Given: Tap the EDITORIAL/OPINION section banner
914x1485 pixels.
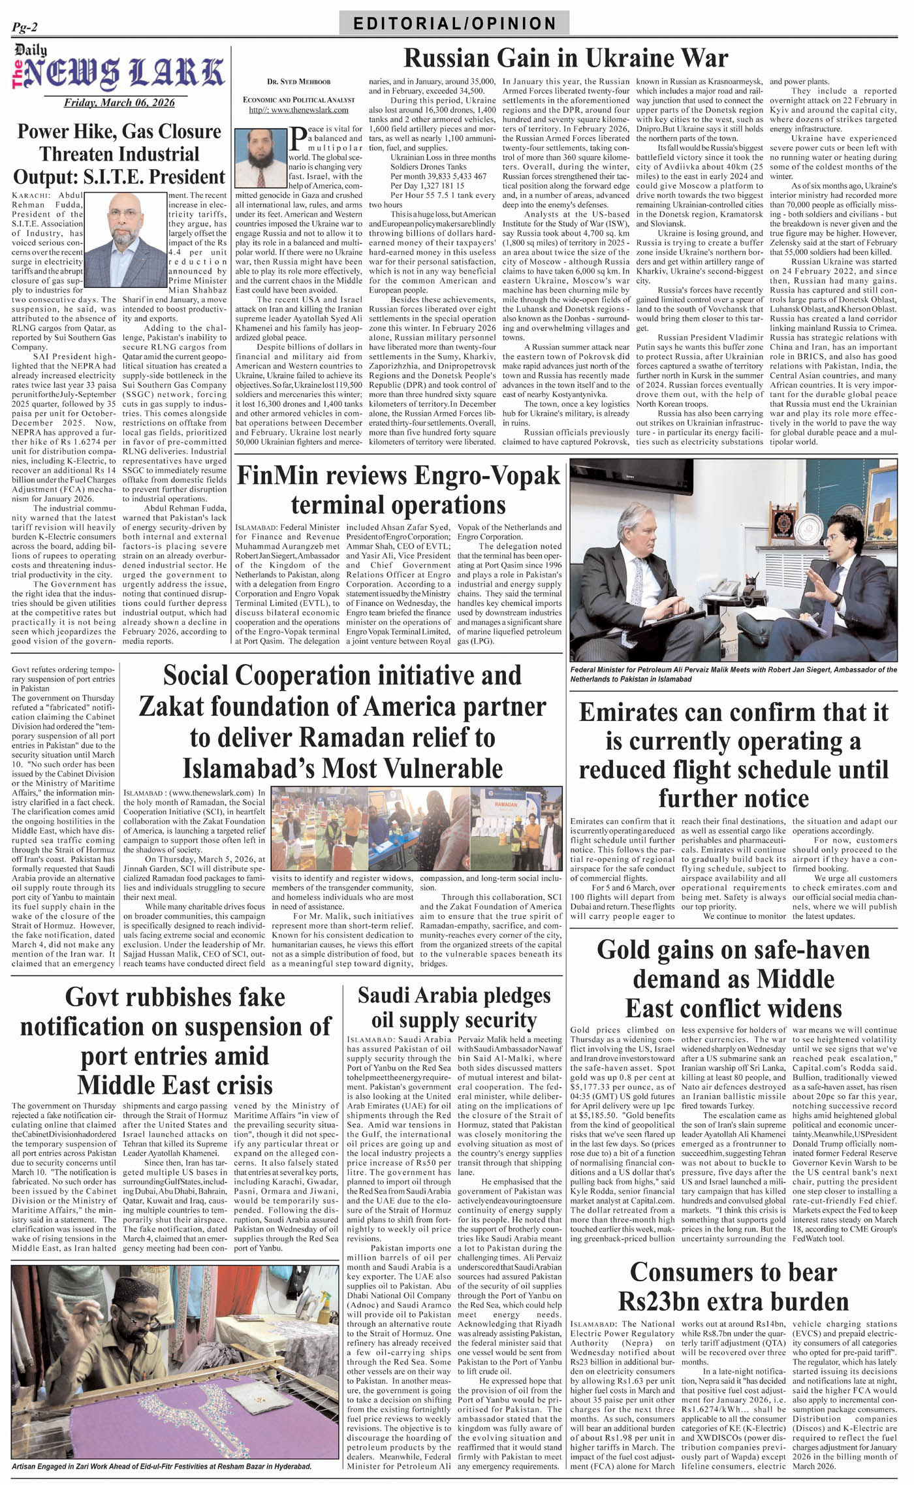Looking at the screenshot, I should (454, 24).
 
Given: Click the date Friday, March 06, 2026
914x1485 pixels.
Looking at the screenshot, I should (119, 103).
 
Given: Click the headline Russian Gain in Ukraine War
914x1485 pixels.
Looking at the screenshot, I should (565, 59).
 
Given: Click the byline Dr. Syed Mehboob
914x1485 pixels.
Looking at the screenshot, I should (298, 82).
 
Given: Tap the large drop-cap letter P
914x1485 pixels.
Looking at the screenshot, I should (298, 138).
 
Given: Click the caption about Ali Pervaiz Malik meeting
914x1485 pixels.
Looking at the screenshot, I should (733, 675).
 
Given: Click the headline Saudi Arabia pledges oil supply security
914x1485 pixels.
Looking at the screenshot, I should (454, 1008).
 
